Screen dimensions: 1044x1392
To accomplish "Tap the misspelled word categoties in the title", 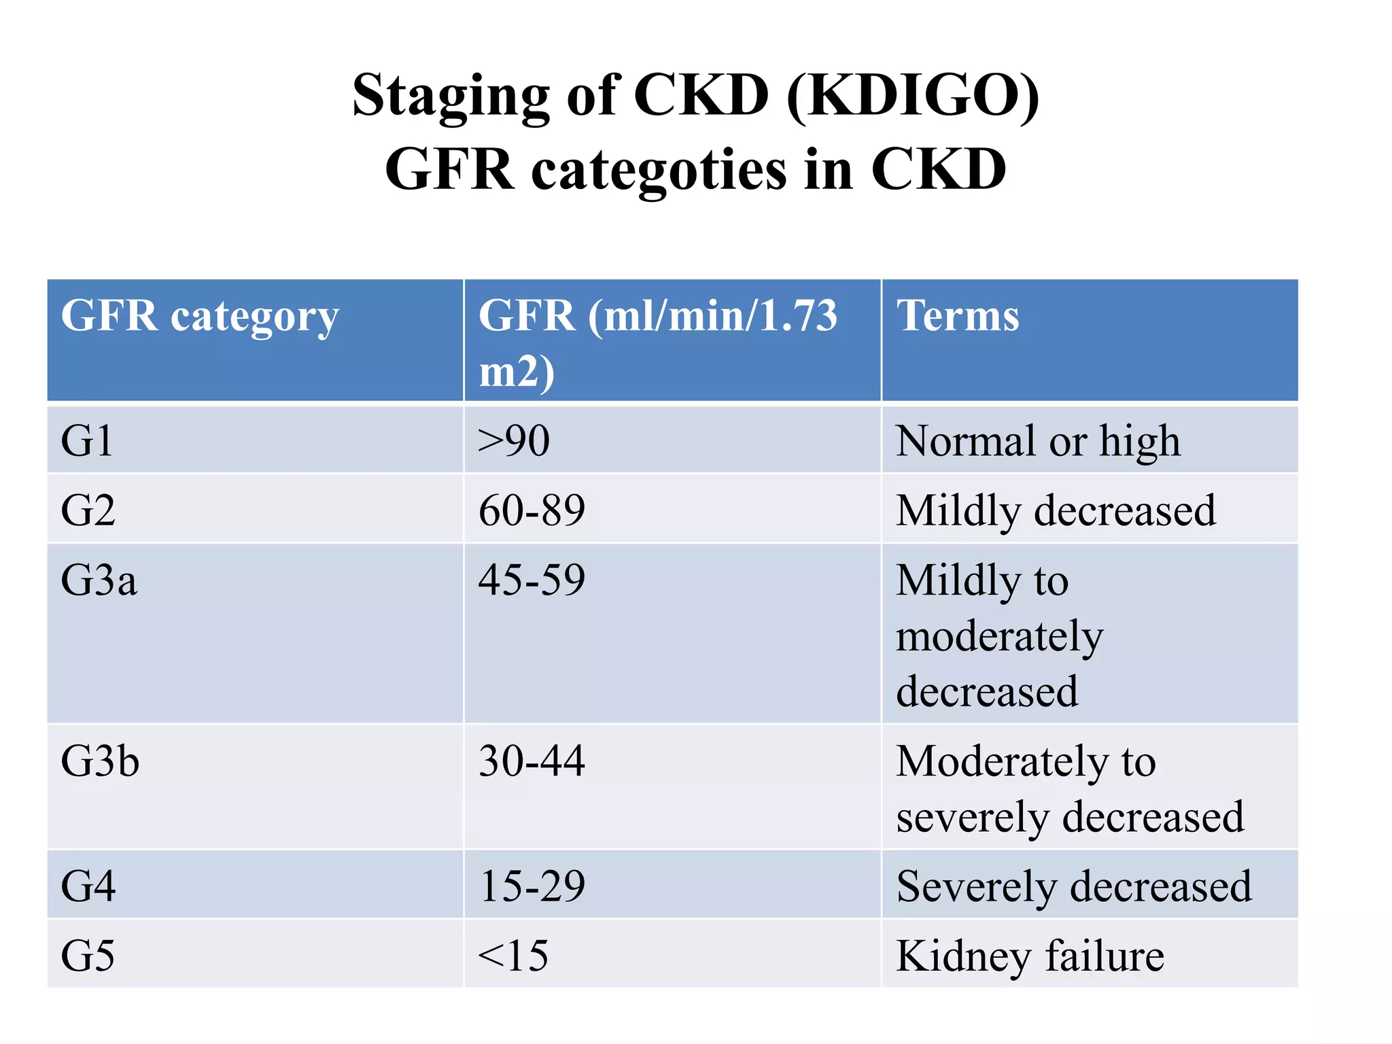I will click(658, 170).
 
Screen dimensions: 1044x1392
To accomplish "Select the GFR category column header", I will click(199, 316).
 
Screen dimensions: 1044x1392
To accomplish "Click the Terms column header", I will click(958, 316).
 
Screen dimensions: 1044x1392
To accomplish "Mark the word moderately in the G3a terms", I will click(999, 637).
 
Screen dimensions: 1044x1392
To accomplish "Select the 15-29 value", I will click(532, 886).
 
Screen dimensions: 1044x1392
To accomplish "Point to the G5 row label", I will click(88, 956).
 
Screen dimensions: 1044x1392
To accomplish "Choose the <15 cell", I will click(513, 956).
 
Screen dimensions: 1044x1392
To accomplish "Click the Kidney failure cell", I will click(1030, 956).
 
